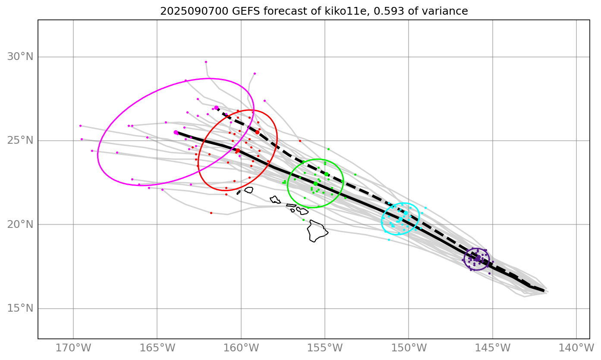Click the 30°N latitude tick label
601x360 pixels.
(20, 57)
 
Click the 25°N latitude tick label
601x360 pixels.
(20, 141)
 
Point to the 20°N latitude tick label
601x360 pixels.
(20, 224)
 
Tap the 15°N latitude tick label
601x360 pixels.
(20, 308)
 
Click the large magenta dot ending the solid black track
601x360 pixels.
(176, 133)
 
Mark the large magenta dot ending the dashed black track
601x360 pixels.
(216, 108)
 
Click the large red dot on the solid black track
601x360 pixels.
(238, 150)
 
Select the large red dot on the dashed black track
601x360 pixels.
(257, 132)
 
